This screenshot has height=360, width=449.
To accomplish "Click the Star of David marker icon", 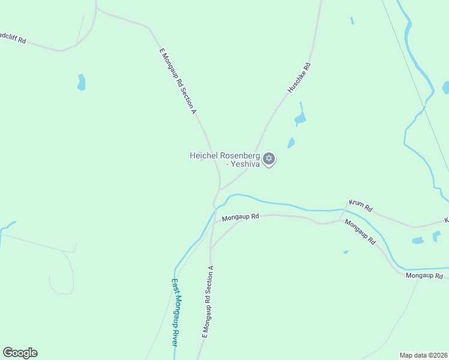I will [270, 158].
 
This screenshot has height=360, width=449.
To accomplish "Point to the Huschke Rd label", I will [299, 77].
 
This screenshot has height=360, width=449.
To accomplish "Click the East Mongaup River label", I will [175, 312].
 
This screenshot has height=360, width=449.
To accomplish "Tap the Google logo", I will [20, 353].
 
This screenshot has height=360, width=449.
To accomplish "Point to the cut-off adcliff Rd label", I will [13, 38].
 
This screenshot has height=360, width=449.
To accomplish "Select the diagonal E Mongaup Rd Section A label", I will [178, 80].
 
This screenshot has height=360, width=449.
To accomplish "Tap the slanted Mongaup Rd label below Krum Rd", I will [360, 232].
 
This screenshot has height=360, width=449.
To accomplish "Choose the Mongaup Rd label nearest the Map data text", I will [424, 276].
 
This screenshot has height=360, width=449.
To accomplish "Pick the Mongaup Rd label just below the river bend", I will [240, 217].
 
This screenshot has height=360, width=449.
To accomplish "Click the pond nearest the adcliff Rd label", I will [82, 82].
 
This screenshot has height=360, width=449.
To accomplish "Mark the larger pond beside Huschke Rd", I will [300, 116].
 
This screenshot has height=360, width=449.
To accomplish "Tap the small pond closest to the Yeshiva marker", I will [291, 143].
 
